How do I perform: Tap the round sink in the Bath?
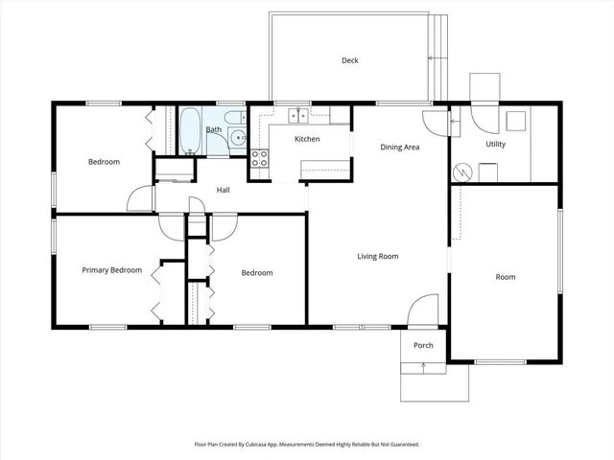(237, 138)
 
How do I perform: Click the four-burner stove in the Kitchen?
(259, 159)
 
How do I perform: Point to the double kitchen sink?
(298, 116)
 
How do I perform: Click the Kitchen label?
(307, 139)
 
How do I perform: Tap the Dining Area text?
(400, 147)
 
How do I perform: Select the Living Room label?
(378, 256)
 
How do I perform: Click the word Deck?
(350, 60)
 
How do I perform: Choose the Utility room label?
(495, 144)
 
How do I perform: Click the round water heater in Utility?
(463, 172)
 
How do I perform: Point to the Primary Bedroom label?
(111, 270)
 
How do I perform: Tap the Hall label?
(223, 190)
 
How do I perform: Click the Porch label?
(423, 345)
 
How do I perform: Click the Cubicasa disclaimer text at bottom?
(307, 445)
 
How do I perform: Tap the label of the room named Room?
(505, 277)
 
